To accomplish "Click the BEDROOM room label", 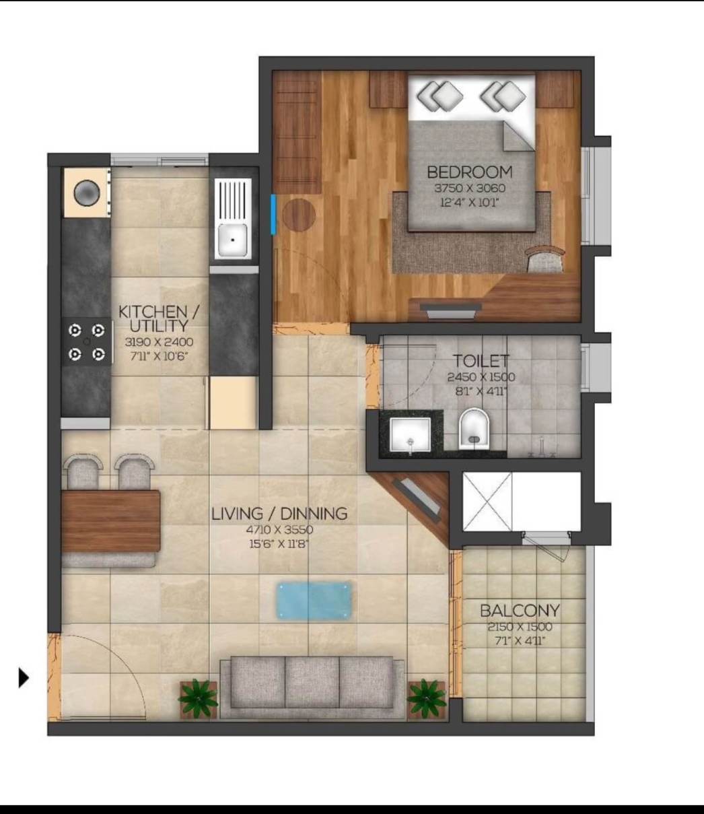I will point(469,172).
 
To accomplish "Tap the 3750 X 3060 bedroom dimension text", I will point(469,188).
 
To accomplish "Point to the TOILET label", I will point(481,361).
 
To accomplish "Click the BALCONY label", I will point(520,611).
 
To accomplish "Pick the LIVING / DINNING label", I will point(279,514).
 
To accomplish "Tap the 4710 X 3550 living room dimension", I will point(279,530).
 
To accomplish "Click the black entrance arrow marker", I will point(24,677).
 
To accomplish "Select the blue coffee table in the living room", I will point(314,601).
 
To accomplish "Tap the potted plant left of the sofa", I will point(199,698).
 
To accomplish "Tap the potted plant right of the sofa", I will point(427,698).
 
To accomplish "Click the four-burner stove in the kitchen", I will point(87,342).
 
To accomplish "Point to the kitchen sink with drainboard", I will point(232,219).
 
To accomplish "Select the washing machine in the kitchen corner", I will point(87,193).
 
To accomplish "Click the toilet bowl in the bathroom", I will point(474,429).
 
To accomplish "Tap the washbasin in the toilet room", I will point(411,436).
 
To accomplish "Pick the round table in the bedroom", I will point(299,215).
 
